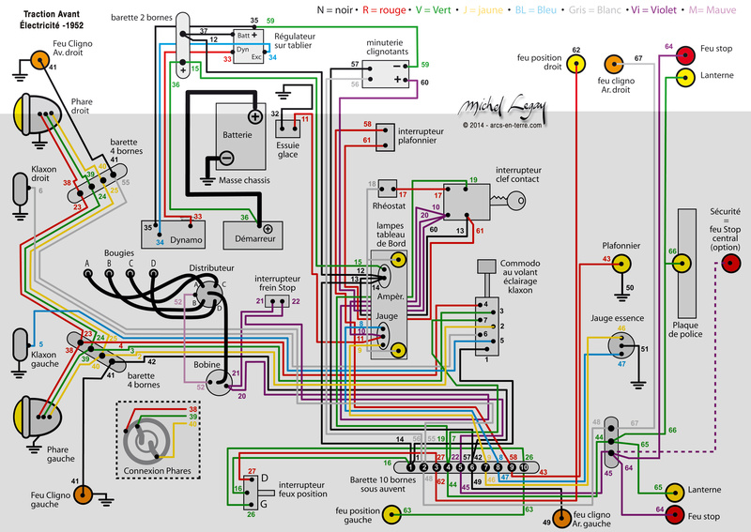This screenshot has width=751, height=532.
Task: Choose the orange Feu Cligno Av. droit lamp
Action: (x=40, y=60)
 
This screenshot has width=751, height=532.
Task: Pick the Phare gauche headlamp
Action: (x=28, y=414)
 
